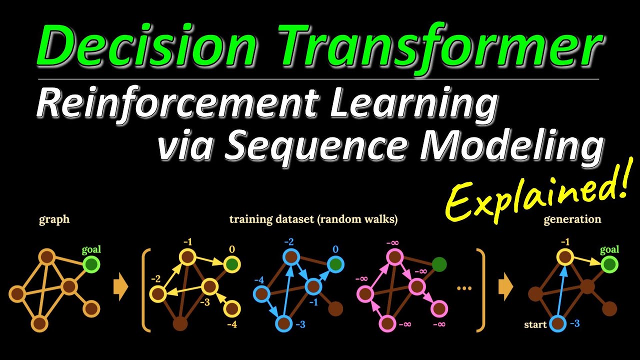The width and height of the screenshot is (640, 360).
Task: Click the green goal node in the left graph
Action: click(x=91, y=264)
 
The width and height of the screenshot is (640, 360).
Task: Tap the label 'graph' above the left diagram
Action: click(x=53, y=219)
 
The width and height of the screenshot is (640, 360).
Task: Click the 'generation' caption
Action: click(x=572, y=219)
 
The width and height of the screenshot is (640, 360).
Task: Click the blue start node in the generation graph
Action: click(x=558, y=324)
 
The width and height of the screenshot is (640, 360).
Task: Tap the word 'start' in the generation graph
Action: click(x=535, y=324)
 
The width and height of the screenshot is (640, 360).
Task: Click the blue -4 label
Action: click(x=258, y=279)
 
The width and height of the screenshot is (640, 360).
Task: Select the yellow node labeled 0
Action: click(x=232, y=264)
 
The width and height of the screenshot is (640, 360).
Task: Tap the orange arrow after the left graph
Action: click(x=120, y=289)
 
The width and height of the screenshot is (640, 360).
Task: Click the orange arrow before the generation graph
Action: click(x=505, y=289)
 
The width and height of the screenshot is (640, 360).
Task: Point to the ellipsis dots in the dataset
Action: click(x=464, y=288)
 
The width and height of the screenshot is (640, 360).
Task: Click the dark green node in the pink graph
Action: click(x=438, y=263)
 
